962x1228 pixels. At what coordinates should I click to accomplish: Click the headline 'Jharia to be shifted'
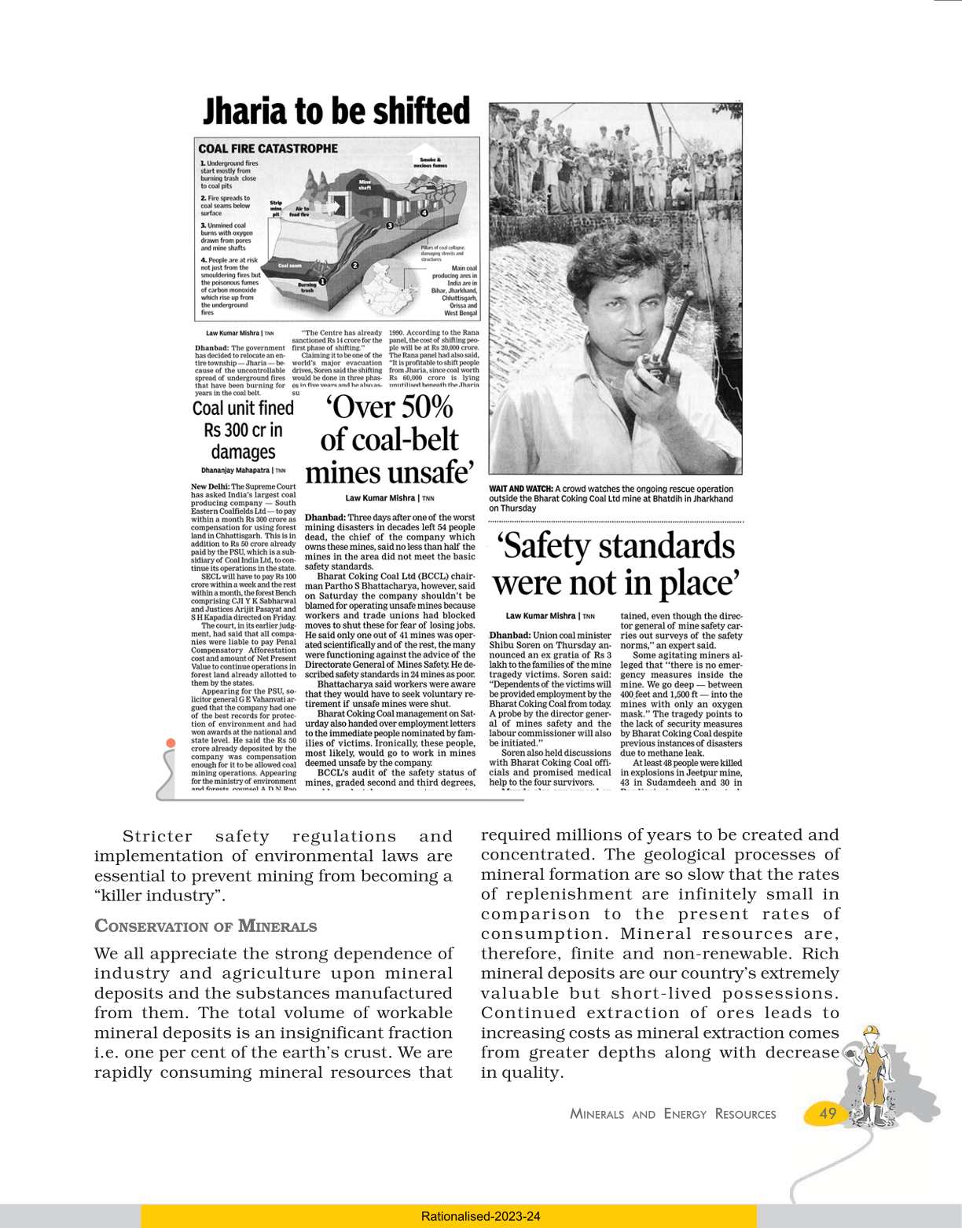point(336,112)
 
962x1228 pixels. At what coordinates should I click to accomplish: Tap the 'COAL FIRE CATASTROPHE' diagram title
point(268,148)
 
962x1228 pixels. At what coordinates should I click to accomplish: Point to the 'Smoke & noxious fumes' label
point(430,163)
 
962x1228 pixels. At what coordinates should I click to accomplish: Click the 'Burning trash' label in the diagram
point(307,288)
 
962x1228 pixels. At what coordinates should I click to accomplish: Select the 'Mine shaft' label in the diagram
point(365,185)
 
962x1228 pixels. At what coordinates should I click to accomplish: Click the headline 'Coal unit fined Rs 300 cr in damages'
point(243,430)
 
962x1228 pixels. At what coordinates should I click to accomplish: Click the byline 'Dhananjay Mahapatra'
point(236,471)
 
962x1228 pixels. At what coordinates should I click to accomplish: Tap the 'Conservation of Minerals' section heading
point(205,926)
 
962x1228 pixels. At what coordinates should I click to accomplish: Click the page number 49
point(828,1113)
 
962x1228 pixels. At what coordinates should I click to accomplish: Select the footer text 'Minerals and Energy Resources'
point(673,1114)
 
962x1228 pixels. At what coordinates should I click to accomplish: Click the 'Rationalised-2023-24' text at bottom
point(480,1216)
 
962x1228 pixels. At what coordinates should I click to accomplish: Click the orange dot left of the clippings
point(171,743)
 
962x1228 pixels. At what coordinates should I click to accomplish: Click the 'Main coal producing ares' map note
point(455,291)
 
